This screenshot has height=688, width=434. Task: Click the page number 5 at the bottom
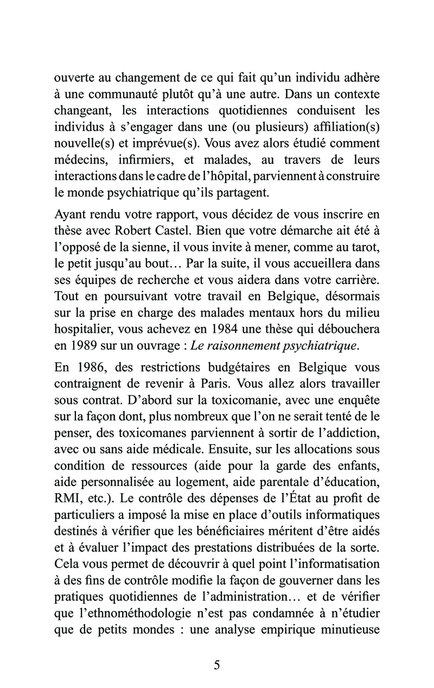pyautogui.click(x=217, y=666)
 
